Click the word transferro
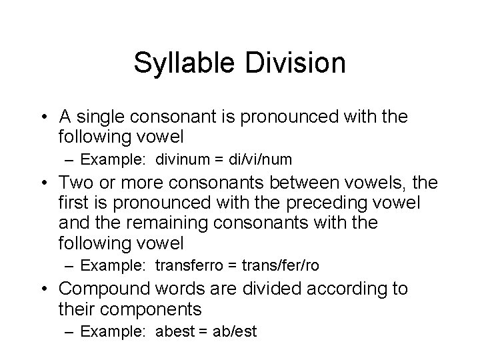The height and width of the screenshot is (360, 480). point(189,265)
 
